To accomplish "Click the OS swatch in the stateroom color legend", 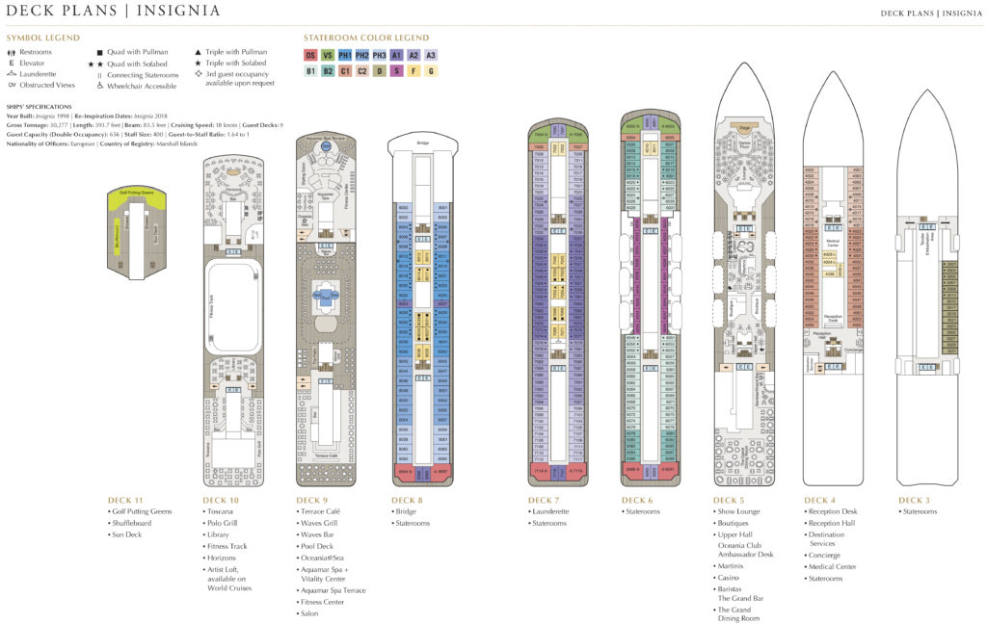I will [x=310, y=55].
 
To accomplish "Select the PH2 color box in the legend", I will [x=362, y=55].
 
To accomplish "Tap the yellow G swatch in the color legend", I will [x=431, y=70].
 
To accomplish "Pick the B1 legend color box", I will [x=310, y=70].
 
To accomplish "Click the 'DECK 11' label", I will [x=125, y=501].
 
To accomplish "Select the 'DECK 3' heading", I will [x=918, y=501].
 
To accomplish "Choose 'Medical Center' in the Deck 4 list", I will [x=835, y=567].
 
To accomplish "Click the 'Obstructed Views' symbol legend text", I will [x=51, y=85].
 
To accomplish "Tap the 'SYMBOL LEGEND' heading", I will [x=42, y=38].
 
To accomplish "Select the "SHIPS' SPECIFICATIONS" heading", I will [x=40, y=107].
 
